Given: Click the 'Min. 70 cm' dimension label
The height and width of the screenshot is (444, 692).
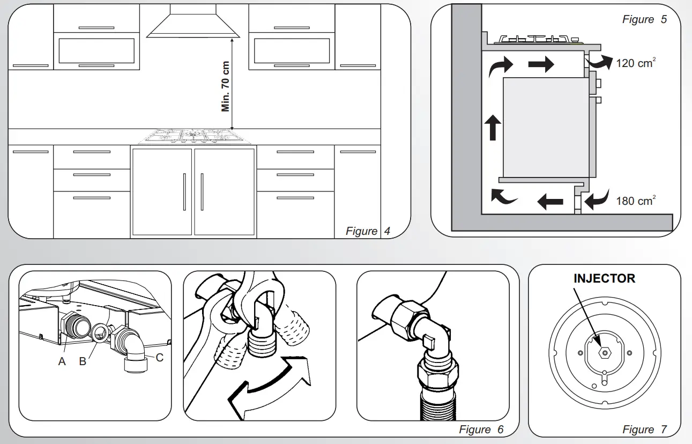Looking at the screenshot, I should click(226, 86).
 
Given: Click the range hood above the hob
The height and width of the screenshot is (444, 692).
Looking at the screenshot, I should click(193, 24).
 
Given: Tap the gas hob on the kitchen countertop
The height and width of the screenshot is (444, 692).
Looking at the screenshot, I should click(194, 137).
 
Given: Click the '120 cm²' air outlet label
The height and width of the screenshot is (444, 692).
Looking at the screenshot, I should click(636, 63).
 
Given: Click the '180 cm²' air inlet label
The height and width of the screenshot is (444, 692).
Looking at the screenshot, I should click(636, 201).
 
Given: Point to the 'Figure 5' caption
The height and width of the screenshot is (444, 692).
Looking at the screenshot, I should click(644, 19).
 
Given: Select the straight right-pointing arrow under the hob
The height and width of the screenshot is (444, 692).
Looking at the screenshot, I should click(540, 65).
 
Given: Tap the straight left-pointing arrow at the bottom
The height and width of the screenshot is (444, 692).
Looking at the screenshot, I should click(550, 202).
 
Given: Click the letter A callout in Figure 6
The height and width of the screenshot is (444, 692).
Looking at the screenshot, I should click(62, 361).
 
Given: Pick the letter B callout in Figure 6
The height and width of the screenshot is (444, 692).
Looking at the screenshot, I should click(83, 361).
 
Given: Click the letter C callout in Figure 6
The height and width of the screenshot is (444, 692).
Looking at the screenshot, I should click(159, 358).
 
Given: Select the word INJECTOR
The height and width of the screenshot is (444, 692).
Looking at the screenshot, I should click(604, 279).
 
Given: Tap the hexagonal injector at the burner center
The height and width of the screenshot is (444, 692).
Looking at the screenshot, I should click(604, 352).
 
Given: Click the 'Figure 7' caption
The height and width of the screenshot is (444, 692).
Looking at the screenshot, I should click(644, 430).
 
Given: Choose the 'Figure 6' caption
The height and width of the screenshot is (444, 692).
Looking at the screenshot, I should click(481, 430).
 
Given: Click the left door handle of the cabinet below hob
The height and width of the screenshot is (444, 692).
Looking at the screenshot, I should click(184, 191).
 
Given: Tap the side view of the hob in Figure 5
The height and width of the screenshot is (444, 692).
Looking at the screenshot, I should click(539, 39).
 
